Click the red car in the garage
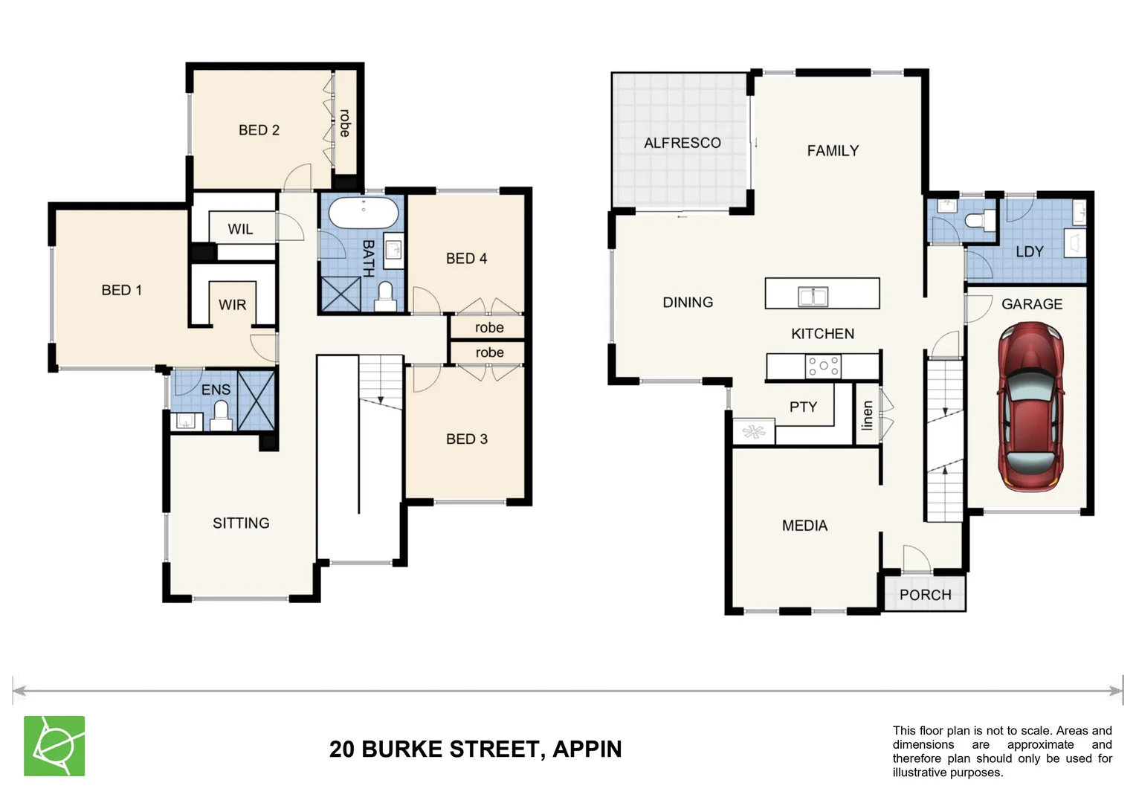[x=1031, y=406]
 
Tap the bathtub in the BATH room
[x=364, y=213]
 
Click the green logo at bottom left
[x=54, y=746]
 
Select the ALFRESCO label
[x=682, y=143]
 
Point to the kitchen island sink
[x=813, y=296]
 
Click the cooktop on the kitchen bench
[x=823, y=366]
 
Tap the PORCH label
[x=925, y=595]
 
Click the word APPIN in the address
[x=587, y=749]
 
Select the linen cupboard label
[x=867, y=416]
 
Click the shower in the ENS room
[x=256, y=400]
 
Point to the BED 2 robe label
[x=345, y=123]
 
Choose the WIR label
[x=232, y=305]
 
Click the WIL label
[x=240, y=229]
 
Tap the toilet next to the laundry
[x=978, y=220]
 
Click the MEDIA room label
[x=804, y=526]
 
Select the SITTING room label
[x=241, y=523]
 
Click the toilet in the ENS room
[x=221, y=416]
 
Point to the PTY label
[x=803, y=407]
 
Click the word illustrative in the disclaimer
[x=924, y=773]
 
